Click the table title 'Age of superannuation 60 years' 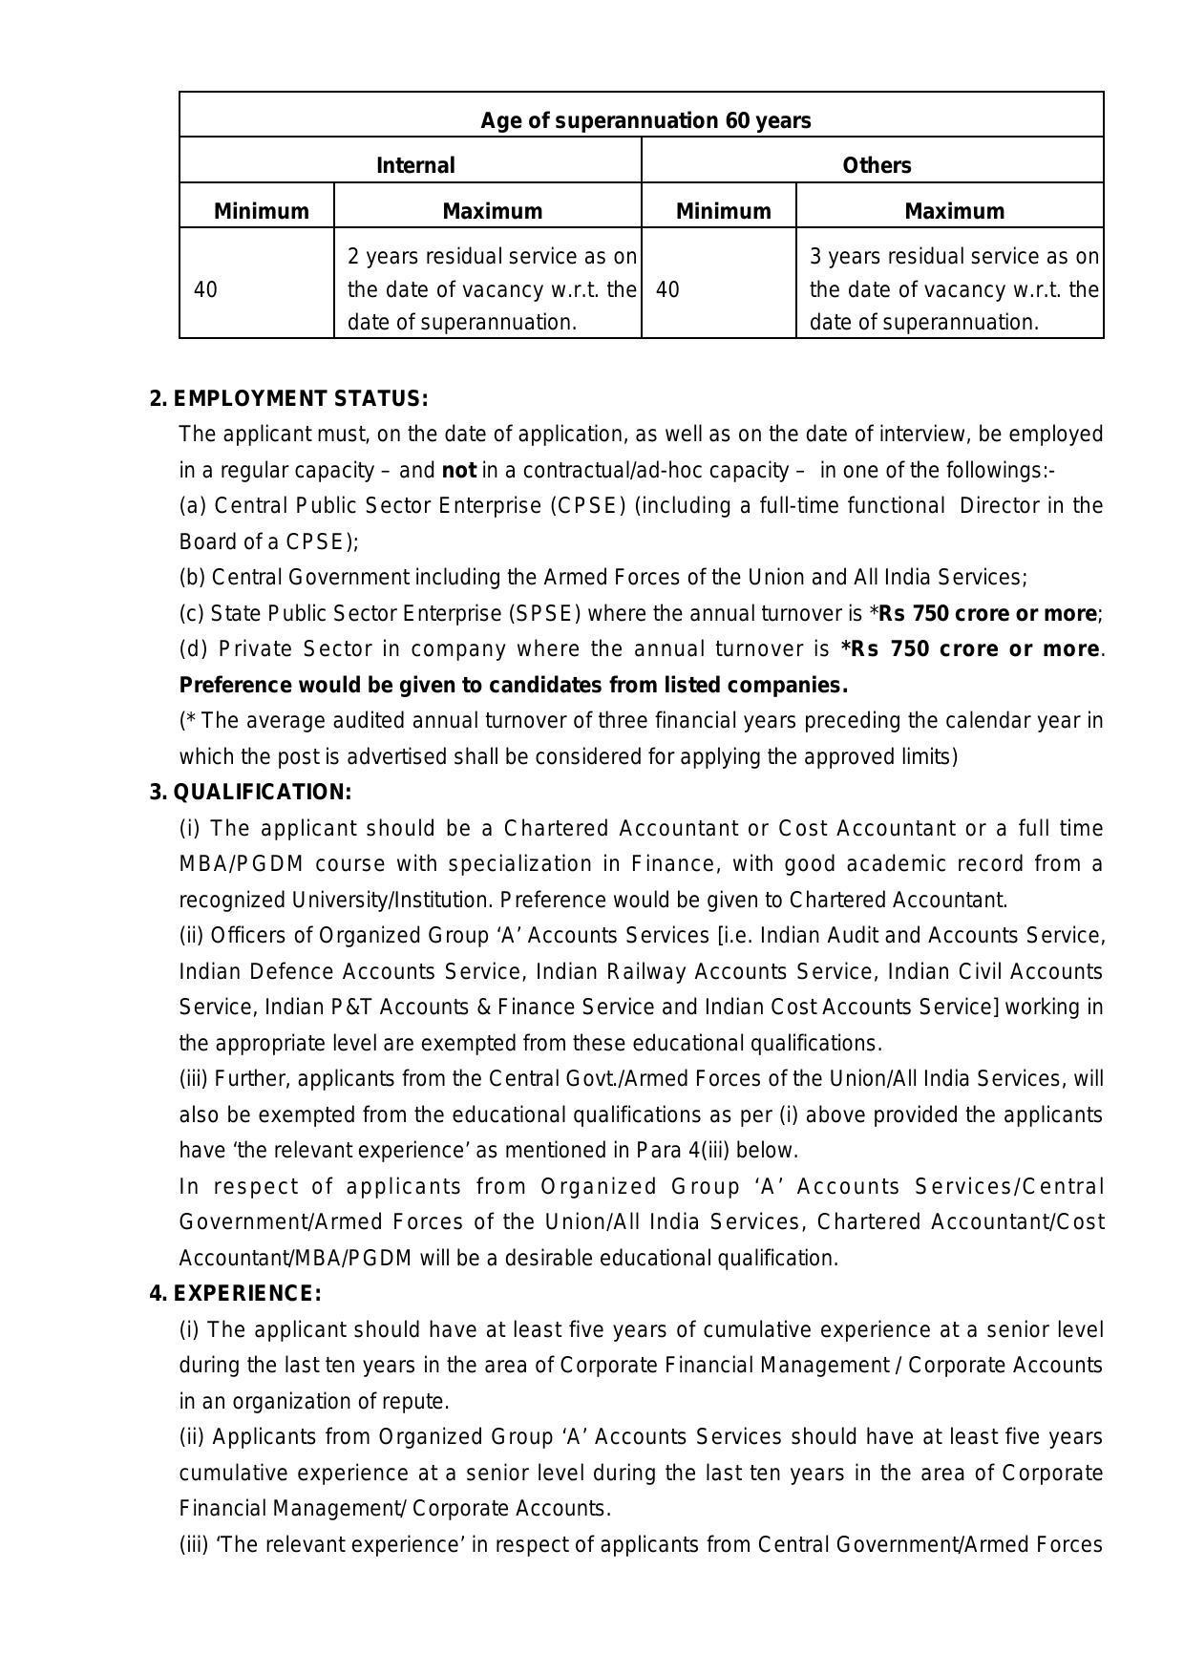[x=645, y=121]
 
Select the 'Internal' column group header [x=415, y=165]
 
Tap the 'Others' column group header [x=876, y=165]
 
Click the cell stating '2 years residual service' [x=491, y=288]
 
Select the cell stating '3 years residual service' [x=953, y=288]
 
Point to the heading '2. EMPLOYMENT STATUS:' [x=288, y=398]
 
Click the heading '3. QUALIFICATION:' [x=250, y=793]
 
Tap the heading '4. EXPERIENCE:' [x=235, y=1294]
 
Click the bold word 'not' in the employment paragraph [x=458, y=471]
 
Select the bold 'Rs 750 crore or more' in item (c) [x=987, y=613]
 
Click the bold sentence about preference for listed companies [x=514, y=686]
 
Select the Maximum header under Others [x=953, y=211]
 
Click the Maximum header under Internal [x=491, y=211]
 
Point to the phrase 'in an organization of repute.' [x=314, y=1402]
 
